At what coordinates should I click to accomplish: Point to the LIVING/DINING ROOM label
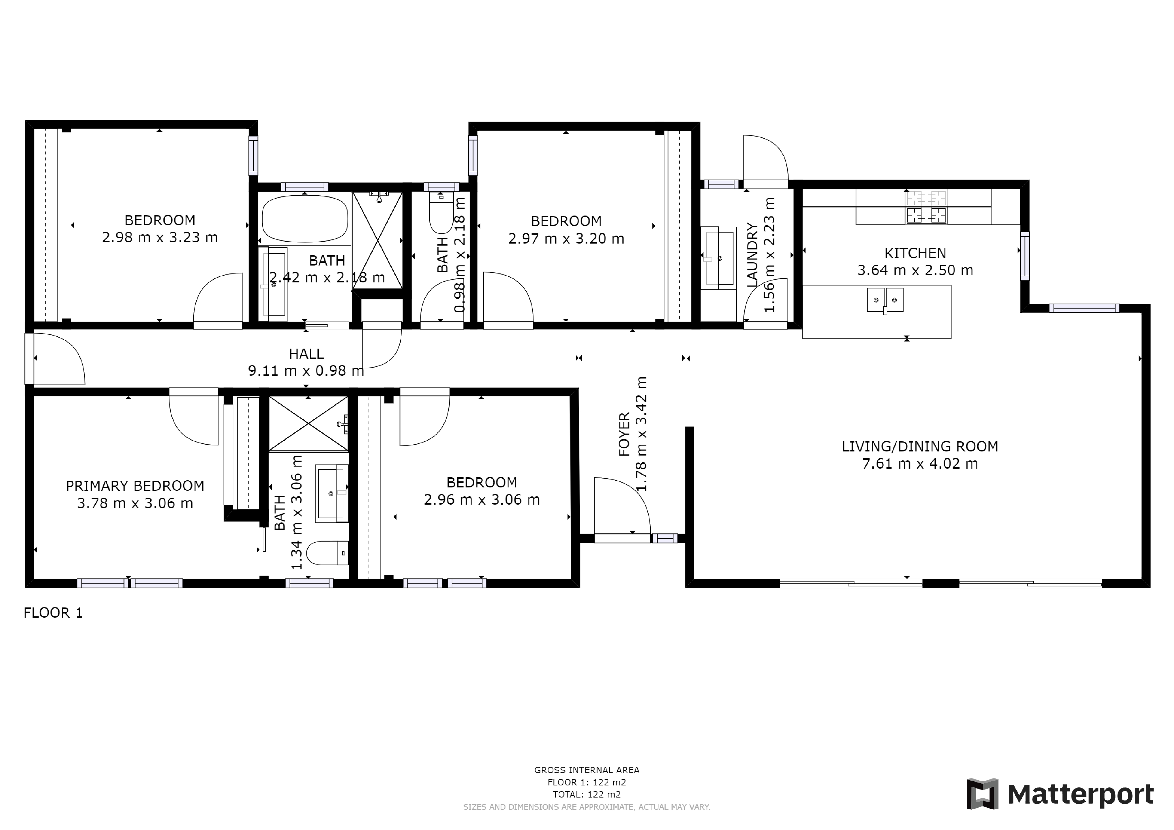pyautogui.click(x=920, y=447)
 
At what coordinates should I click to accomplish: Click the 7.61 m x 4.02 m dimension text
pyautogui.click(x=920, y=464)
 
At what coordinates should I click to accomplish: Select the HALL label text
pyautogui.click(x=306, y=354)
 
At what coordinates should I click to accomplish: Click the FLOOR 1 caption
pyautogui.click(x=53, y=613)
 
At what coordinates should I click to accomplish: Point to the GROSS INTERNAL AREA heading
pyautogui.click(x=586, y=770)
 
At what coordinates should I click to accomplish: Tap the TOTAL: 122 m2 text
pyautogui.click(x=586, y=795)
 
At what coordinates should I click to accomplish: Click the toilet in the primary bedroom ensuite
pyautogui.click(x=327, y=553)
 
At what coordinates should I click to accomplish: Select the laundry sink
pyautogui.click(x=718, y=258)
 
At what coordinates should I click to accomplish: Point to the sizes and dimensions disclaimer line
pyautogui.click(x=586, y=807)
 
